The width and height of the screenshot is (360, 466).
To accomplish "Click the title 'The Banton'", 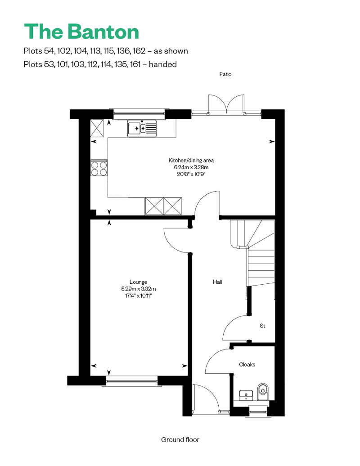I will pos(81,31).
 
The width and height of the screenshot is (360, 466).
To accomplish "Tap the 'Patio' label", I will pos(225,74).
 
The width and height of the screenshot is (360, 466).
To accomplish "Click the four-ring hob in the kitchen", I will pos(99,168).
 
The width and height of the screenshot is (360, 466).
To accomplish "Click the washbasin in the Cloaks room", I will pos(246,395).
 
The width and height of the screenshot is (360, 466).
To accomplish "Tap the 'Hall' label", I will pos(217,282).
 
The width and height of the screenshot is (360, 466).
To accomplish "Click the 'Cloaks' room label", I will pos(247,364).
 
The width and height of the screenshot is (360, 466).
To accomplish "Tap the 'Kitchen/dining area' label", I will pos(191,160).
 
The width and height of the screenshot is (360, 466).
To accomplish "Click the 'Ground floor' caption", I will pos(180,439).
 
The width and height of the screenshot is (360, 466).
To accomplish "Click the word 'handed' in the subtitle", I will pos(162,64).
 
